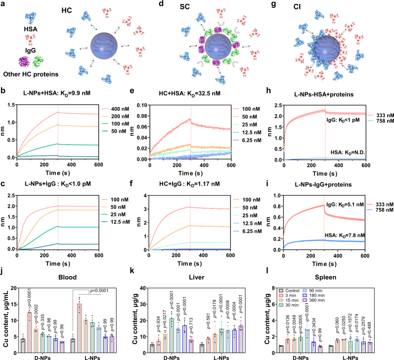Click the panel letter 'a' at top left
(x=5, y=4)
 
